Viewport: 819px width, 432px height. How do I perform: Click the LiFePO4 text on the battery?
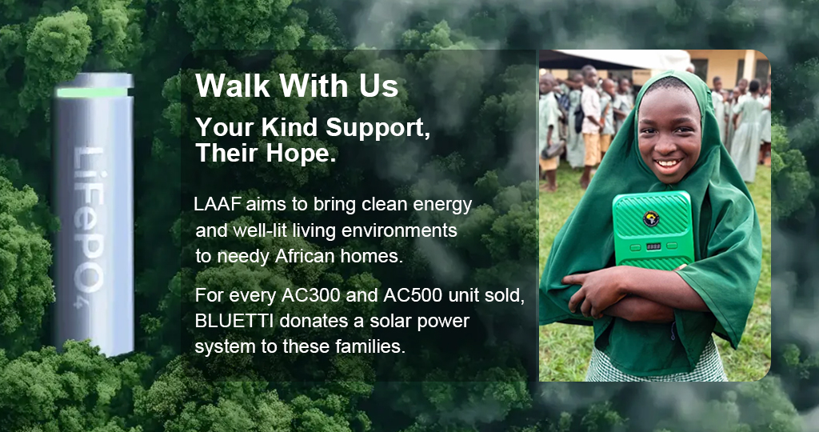[x=88, y=227]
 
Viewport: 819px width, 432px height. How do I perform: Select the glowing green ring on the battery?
[x=93, y=93]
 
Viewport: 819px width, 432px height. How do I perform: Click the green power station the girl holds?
[x=653, y=230]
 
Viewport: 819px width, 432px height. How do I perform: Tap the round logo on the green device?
[x=651, y=218]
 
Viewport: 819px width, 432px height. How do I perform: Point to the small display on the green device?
[x=653, y=246]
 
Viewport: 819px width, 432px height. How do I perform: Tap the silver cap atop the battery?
[x=94, y=80]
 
